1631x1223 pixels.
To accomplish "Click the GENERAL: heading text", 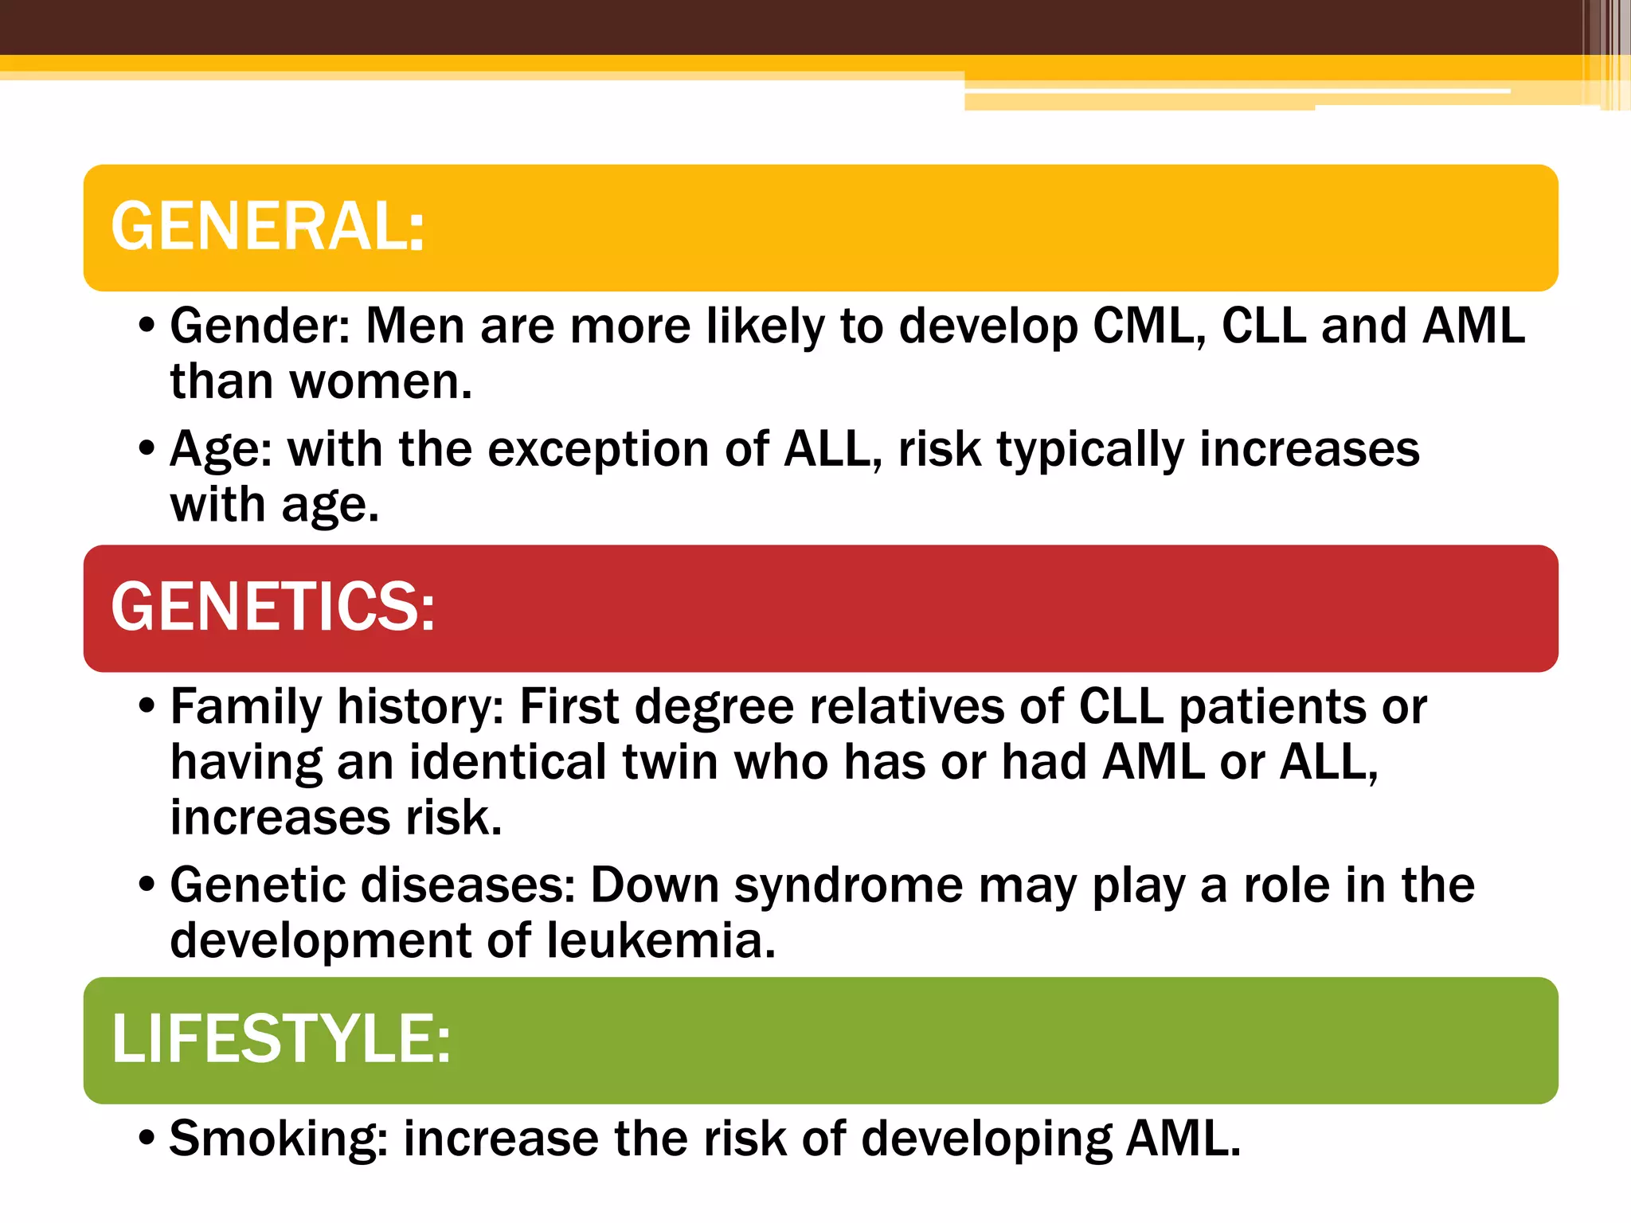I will pos(268,227).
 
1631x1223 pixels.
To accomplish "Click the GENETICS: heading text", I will pos(272,608).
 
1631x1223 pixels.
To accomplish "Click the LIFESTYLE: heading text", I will pos(280,1039).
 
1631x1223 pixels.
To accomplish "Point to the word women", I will pos(380,382).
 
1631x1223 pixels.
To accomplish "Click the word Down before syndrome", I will pos(655,885).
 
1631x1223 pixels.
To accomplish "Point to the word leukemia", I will pos(660,941).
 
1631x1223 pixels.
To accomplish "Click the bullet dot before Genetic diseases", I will pos(146,885).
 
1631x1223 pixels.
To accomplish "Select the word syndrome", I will pos(848,887).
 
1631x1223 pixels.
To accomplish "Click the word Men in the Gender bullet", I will pos(414,326).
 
